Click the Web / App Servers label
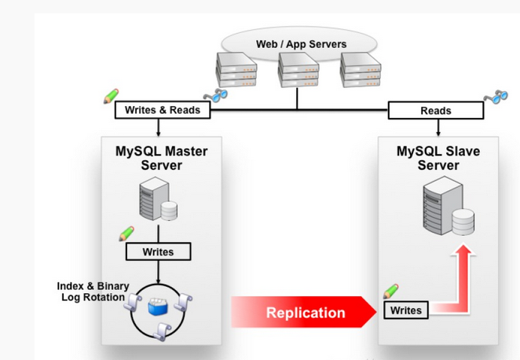pos(301,44)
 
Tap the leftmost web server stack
pos(236,69)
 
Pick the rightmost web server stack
pos(361,69)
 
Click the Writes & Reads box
pos(163,110)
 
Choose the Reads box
pos(436,111)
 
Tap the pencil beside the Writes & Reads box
pos(111,97)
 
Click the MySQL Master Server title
pos(162,158)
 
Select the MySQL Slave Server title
pos(438,158)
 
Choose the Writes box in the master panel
pos(159,252)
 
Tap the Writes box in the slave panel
pos(406,310)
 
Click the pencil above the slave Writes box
pos(390,291)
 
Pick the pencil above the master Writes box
pos(126,233)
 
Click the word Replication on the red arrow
pos(306,312)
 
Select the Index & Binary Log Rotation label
pos(93,292)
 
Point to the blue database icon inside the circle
pos(159,304)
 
